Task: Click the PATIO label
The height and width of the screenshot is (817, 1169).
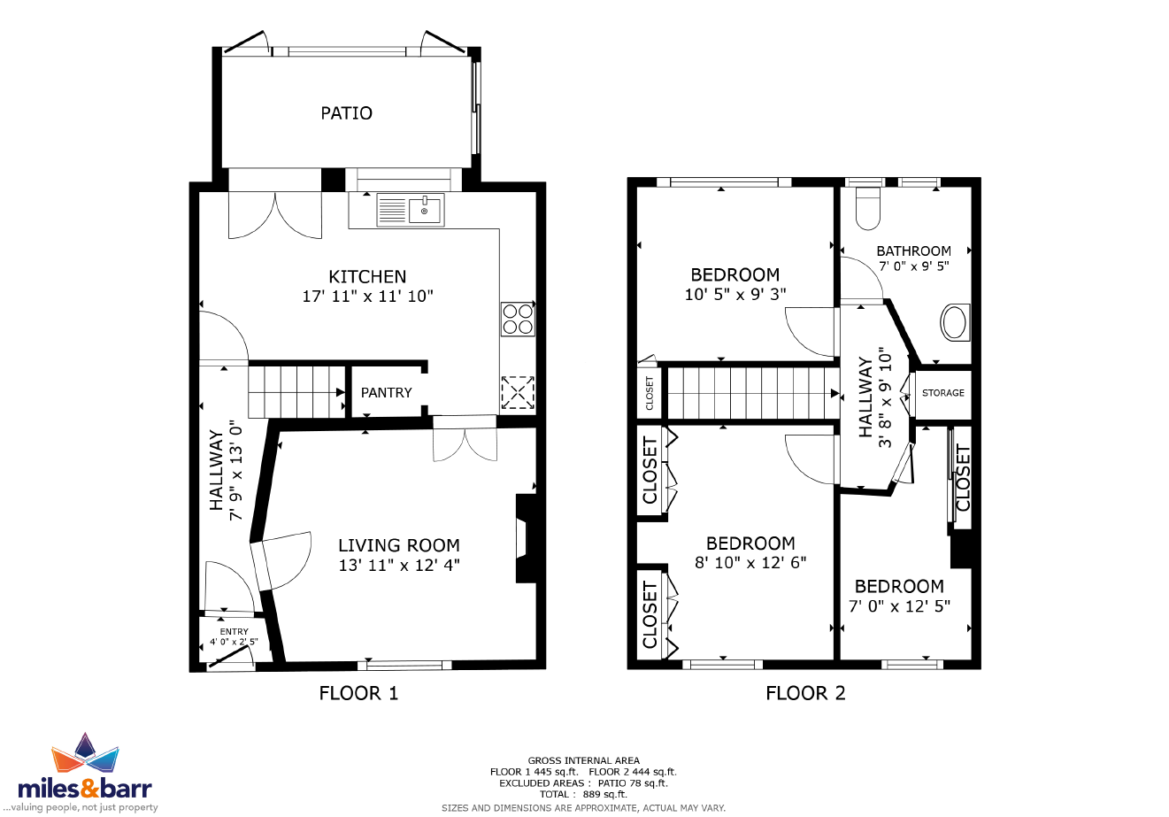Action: click(x=346, y=113)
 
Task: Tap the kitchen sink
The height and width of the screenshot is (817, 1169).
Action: click(x=411, y=210)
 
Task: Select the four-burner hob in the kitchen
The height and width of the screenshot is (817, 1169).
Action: click(x=518, y=319)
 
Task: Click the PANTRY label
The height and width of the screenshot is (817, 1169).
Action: click(x=386, y=393)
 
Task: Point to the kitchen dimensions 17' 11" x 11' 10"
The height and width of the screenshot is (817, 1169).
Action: click(x=368, y=297)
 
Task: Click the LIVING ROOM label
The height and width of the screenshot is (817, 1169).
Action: click(x=399, y=545)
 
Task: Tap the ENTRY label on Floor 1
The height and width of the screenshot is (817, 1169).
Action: click(x=234, y=632)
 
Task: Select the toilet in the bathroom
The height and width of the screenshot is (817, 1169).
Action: click(x=868, y=208)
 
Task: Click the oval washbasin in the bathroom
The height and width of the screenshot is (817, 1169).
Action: click(x=955, y=322)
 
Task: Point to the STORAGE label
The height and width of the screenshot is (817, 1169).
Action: click(x=943, y=393)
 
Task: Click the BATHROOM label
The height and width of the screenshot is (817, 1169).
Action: click(x=914, y=251)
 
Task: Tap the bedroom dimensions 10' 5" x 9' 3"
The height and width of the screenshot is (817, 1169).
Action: click(x=735, y=295)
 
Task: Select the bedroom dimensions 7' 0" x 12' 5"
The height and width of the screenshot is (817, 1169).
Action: click(x=899, y=606)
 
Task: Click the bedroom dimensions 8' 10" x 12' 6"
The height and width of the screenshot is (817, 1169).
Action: click(x=750, y=563)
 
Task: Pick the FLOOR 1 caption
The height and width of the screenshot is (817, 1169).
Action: click(x=358, y=693)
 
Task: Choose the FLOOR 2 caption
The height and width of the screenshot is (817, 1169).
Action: click(x=805, y=693)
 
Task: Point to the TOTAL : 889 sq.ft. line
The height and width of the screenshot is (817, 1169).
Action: click(x=583, y=794)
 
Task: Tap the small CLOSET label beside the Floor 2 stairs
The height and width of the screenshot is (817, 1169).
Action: click(x=650, y=393)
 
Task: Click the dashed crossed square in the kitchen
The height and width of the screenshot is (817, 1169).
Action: click(x=518, y=393)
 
